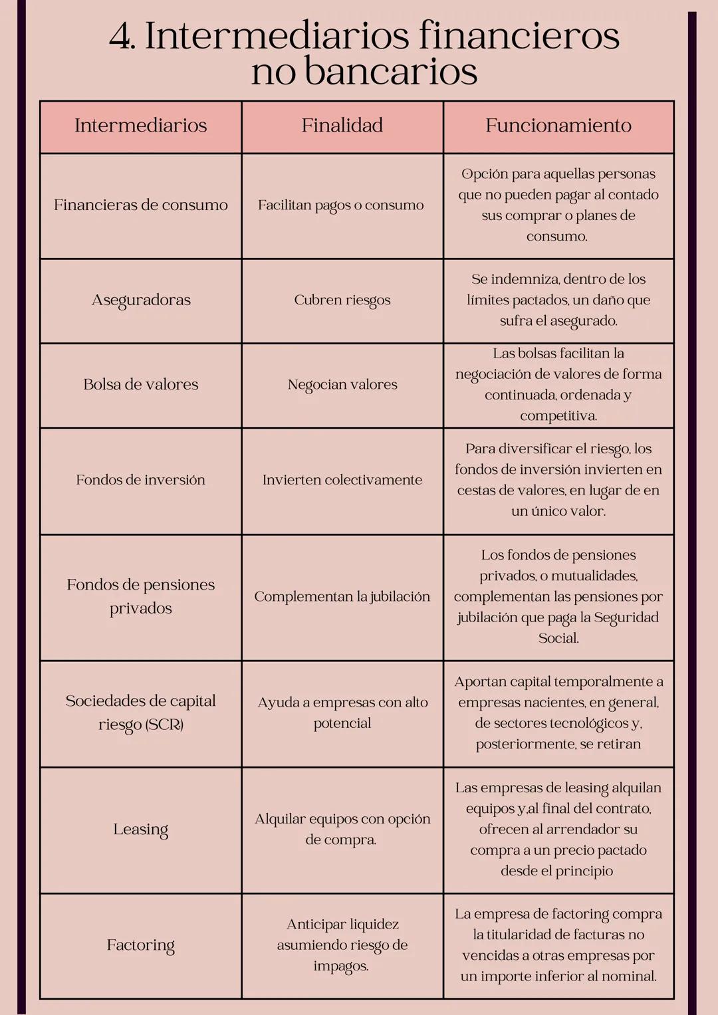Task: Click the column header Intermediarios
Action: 140,126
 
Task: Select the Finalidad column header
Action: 342,126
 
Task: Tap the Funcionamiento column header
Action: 558,126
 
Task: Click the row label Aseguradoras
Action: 141,300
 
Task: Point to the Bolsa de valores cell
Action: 141,384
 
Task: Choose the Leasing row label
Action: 140,830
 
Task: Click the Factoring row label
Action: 140,945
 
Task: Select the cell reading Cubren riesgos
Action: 342,300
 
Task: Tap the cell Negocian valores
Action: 342,385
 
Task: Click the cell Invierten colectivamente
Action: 342,480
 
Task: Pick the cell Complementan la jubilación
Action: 342,597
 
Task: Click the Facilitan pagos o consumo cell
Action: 340,205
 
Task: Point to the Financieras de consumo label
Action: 140,205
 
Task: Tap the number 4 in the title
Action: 120,37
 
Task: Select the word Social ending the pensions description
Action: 558,638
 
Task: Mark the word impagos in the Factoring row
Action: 341,966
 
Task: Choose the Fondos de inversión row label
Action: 140,480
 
